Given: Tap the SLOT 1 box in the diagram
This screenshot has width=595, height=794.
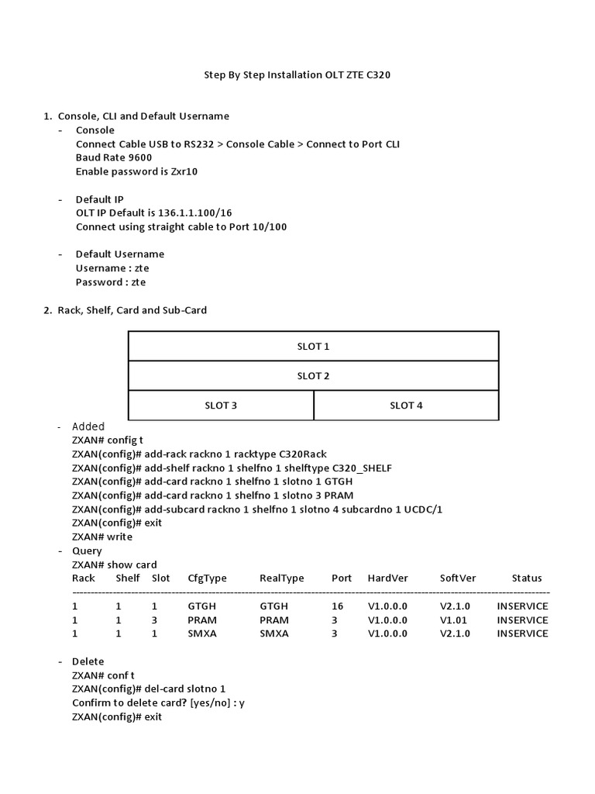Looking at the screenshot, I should point(313,347).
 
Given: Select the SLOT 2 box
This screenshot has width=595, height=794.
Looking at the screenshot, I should point(313,376).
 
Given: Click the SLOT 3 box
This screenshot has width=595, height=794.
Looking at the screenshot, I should point(221,406).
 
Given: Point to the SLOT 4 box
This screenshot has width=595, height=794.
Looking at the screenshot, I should point(406,406).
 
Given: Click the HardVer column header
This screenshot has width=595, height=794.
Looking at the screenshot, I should point(387,578).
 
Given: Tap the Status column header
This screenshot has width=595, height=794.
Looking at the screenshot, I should point(527,578).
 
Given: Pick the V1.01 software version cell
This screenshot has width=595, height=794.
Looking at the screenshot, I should point(451,620).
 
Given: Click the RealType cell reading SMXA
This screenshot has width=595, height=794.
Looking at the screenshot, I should point(273,633).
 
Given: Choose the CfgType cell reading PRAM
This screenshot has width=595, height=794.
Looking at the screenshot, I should point(201,620).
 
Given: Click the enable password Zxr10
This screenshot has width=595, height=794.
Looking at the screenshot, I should point(184,171).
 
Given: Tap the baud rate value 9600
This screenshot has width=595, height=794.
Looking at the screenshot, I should point(141,157).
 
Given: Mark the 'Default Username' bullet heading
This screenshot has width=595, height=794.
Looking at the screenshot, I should point(119,254).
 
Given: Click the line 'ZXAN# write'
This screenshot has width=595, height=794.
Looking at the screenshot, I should point(102,537).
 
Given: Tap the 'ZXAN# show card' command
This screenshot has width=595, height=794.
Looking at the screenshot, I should point(114,564).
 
